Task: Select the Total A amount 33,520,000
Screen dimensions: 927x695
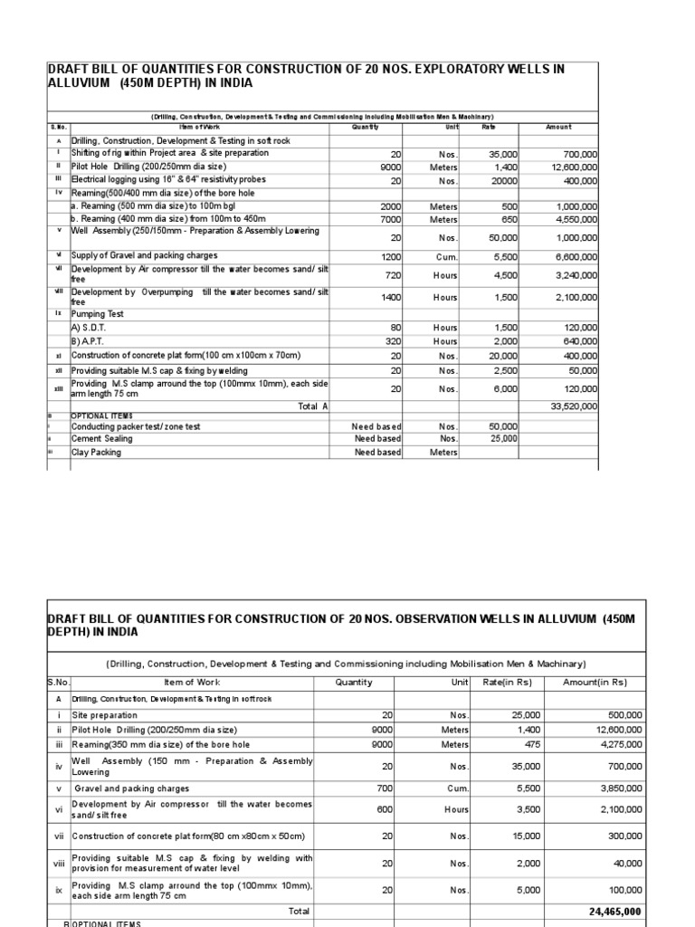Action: click(x=574, y=406)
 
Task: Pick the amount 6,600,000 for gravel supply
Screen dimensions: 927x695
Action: click(x=576, y=256)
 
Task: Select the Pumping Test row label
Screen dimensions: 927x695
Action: click(x=99, y=313)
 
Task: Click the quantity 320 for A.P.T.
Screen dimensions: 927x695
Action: click(x=393, y=341)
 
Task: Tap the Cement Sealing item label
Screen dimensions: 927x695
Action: click(x=103, y=438)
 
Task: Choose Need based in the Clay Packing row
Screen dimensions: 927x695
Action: click(x=377, y=453)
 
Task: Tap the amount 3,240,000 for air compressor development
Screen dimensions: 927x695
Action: click(x=576, y=275)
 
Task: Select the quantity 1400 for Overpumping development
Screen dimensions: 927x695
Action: click(x=389, y=297)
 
